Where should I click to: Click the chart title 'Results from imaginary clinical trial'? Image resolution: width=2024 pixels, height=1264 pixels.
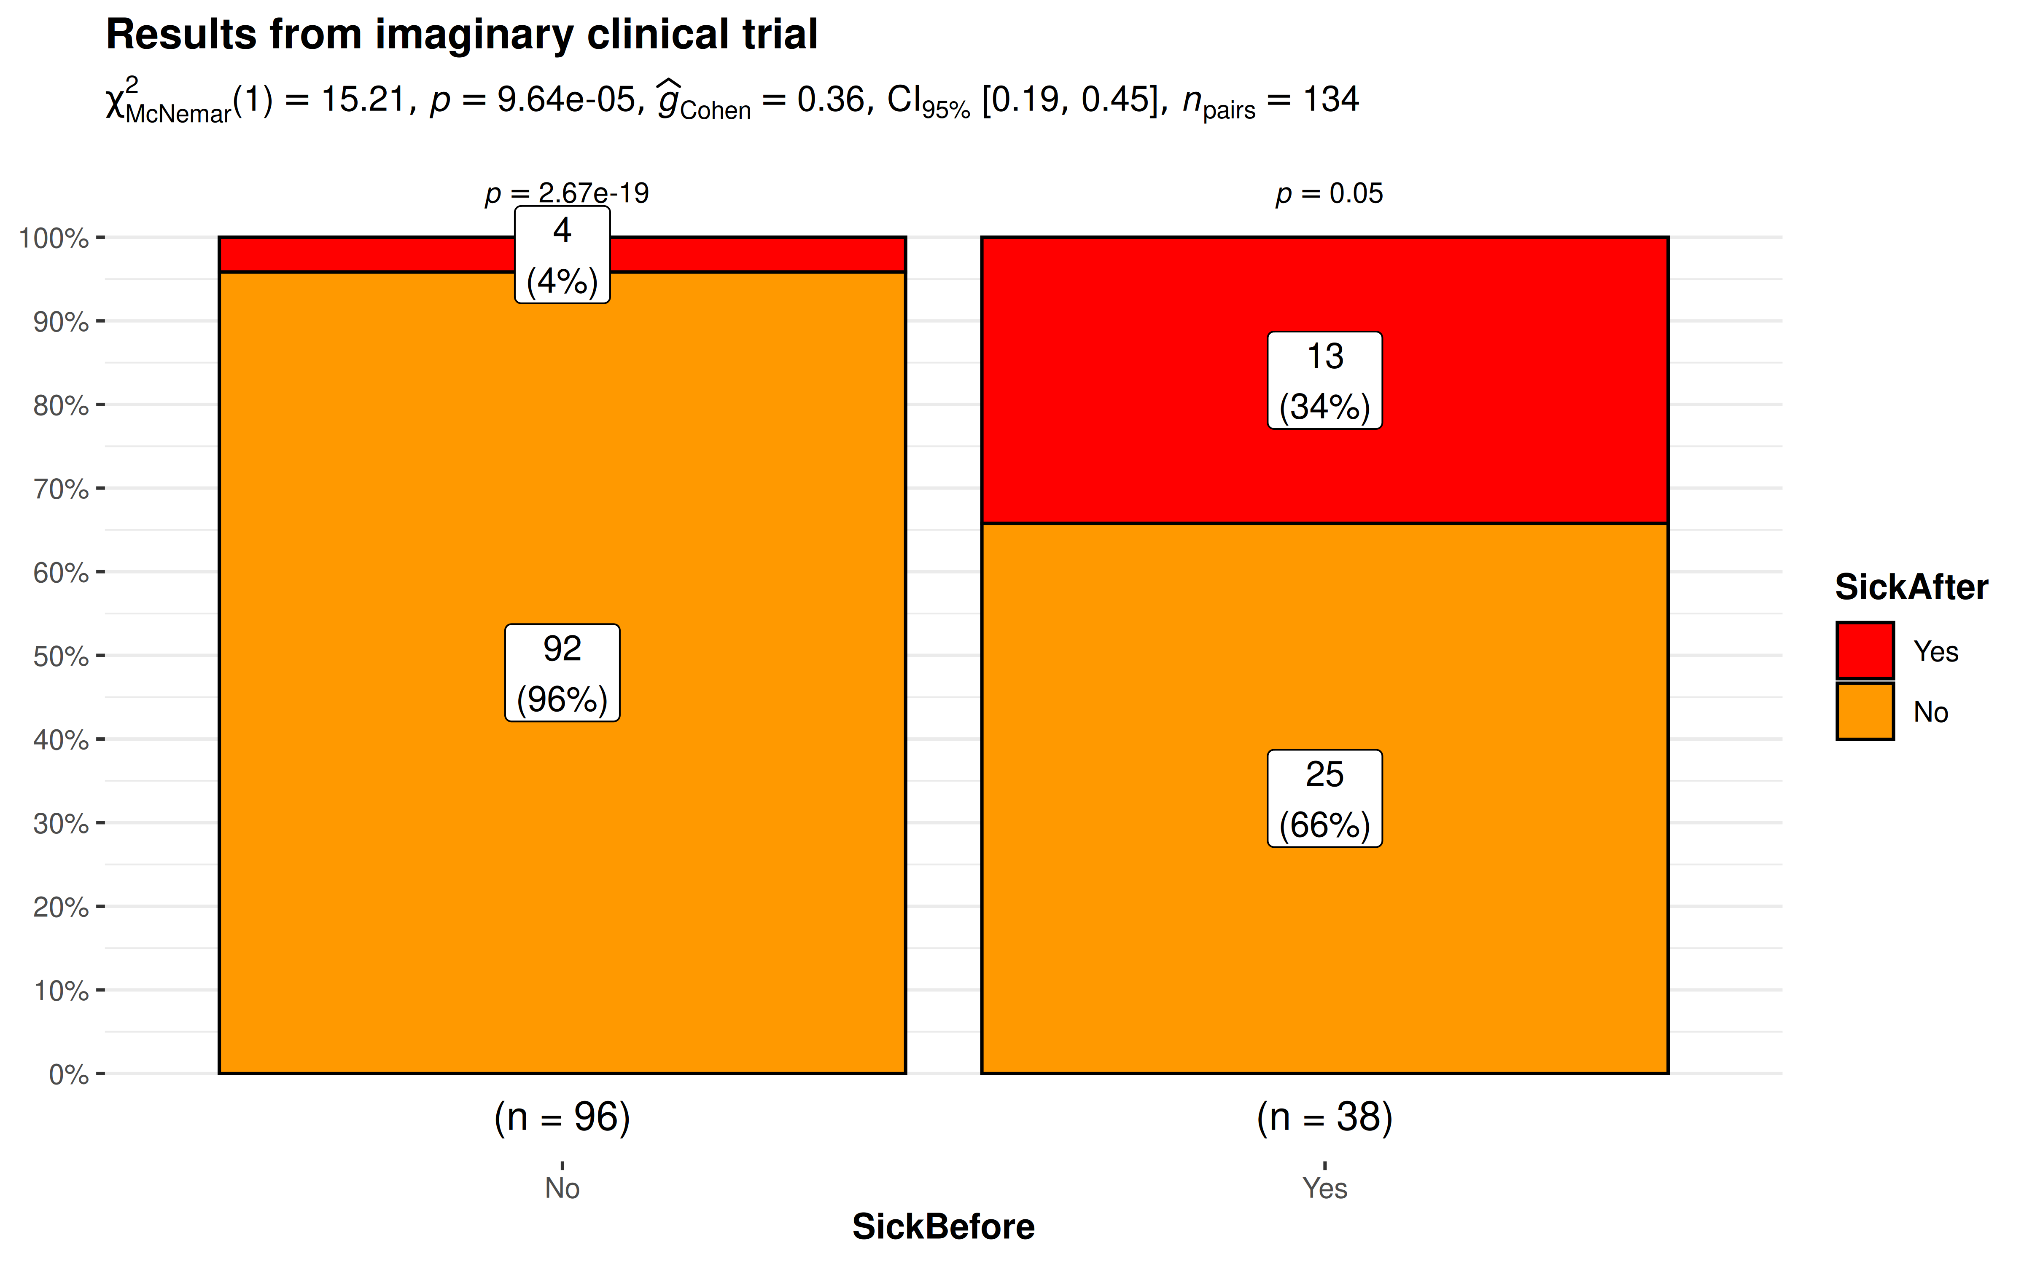(x=462, y=35)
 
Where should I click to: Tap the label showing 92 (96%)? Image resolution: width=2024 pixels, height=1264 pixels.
(x=562, y=673)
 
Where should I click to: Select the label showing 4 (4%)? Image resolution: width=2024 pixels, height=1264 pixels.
(x=562, y=255)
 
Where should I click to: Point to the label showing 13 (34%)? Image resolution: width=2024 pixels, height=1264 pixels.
(x=1325, y=380)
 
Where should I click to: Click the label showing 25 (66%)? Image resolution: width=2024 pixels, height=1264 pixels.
(x=1325, y=798)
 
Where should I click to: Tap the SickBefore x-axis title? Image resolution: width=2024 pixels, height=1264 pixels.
(x=943, y=1227)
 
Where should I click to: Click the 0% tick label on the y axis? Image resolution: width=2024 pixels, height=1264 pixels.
(x=69, y=1074)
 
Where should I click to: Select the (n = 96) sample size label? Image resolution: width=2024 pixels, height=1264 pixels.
(x=562, y=1118)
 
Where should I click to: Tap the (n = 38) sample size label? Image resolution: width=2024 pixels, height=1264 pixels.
(x=1325, y=1118)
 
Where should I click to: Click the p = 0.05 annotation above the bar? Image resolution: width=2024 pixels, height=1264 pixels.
(x=1329, y=194)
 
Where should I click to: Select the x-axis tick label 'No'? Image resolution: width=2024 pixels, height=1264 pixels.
(x=562, y=1188)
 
